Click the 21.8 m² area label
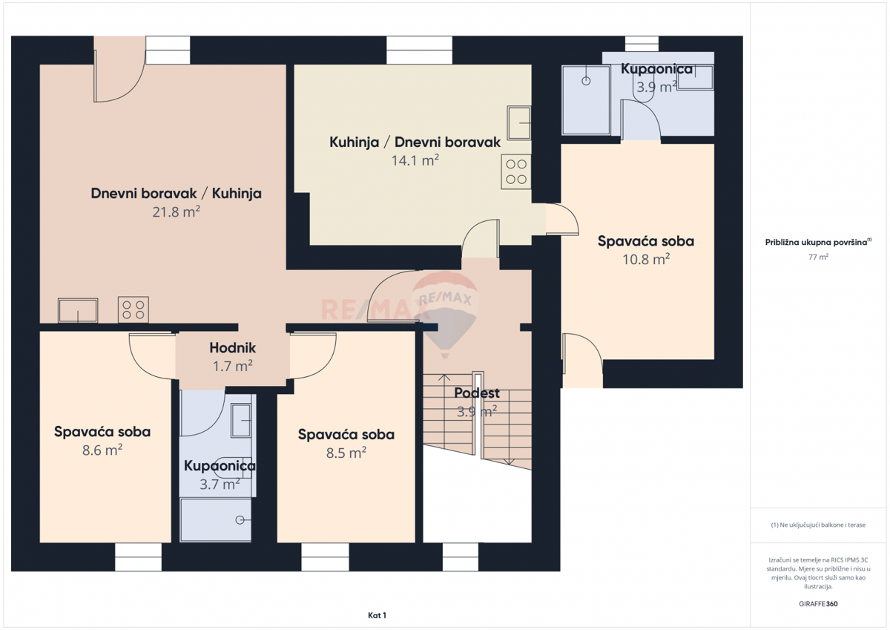pyautogui.click(x=177, y=211)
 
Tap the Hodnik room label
pyautogui.click(x=232, y=347)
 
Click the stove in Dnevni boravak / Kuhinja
pyautogui.click(x=133, y=309)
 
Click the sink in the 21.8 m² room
pyautogui.click(x=78, y=310)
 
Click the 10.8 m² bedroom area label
pyautogui.click(x=646, y=258)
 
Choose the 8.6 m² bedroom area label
pyautogui.click(x=102, y=449)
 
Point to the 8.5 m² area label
pyautogui.click(x=346, y=452)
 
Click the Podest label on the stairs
pyautogui.click(x=477, y=393)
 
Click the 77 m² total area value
pyautogui.click(x=818, y=257)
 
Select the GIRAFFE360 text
pyautogui.click(x=818, y=603)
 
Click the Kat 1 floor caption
pyautogui.click(x=377, y=615)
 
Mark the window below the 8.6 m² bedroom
pyautogui.click(x=138, y=557)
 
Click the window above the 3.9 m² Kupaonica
pyautogui.click(x=642, y=44)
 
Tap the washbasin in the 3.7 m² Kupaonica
pyautogui.click(x=241, y=420)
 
